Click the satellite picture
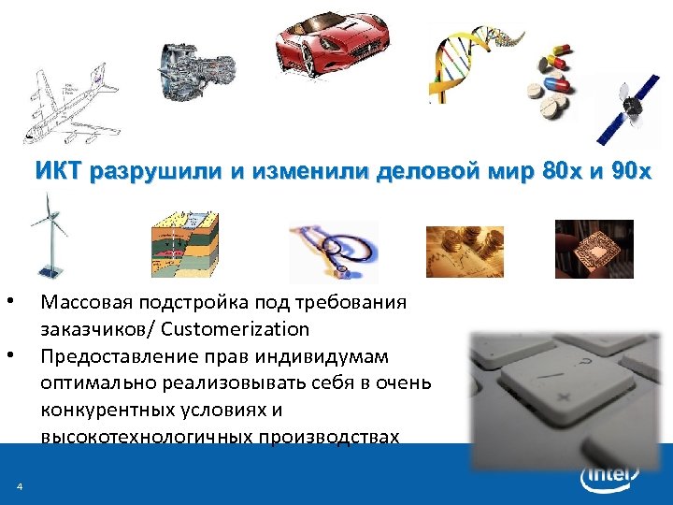(625, 108)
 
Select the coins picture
(465, 251)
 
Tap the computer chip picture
(594, 248)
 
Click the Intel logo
(610, 478)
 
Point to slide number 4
(19, 484)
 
